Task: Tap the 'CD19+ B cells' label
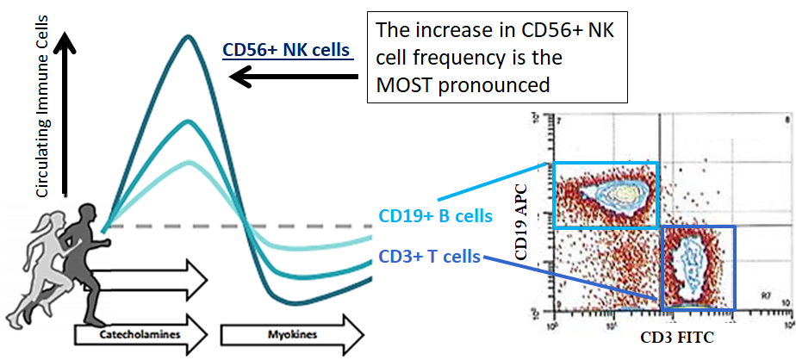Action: click(435, 215)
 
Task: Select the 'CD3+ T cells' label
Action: click(428, 256)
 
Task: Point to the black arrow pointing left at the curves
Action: click(293, 79)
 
